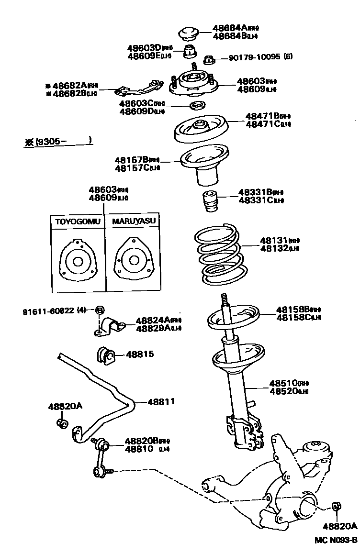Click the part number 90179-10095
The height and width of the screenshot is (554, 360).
[x=254, y=57]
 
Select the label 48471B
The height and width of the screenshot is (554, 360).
[x=263, y=116]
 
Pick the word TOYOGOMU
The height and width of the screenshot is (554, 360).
[x=78, y=222]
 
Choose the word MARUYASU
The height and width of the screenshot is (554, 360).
[x=134, y=222]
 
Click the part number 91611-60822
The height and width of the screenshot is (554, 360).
[x=48, y=310]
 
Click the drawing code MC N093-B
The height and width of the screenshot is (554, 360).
[x=336, y=541]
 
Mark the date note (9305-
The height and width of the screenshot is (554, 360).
[x=58, y=142]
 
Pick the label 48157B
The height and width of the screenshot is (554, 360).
[x=130, y=160]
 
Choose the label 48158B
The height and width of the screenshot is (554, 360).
[x=292, y=310]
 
